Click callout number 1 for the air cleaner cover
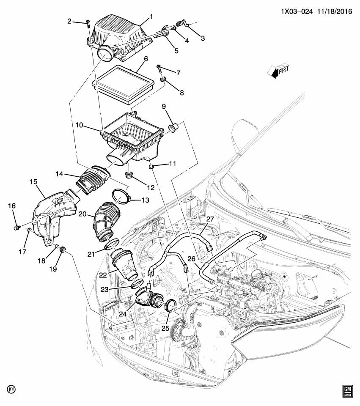tap(151, 17)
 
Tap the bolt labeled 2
tap(88, 23)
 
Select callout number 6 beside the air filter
tap(146, 59)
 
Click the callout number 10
tap(79, 125)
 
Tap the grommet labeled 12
tap(128, 175)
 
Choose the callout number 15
tap(33, 182)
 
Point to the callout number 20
tap(82, 214)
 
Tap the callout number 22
tap(103, 275)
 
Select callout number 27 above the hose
tap(210, 219)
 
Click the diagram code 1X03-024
tap(297, 12)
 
